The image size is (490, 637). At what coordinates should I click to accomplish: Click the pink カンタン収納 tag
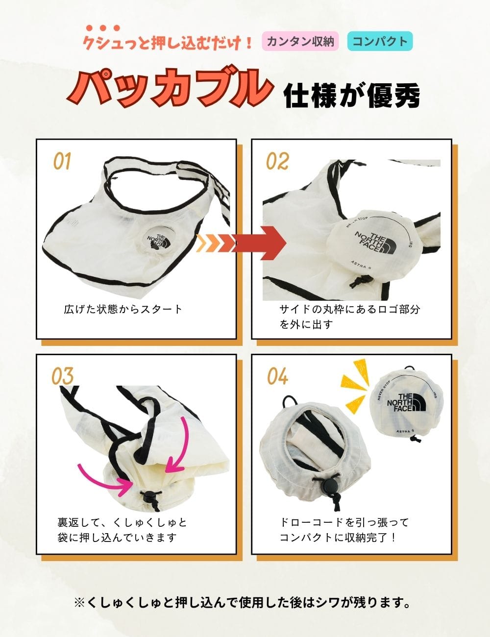click(x=300, y=41)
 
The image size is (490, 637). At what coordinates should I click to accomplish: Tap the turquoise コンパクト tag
click(x=380, y=41)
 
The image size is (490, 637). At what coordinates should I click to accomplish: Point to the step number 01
click(x=62, y=161)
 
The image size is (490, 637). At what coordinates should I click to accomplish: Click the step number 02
click(x=277, y=161)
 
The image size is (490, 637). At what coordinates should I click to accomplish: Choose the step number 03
click(x=62, y=376)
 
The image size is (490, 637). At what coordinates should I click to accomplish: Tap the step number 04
click(x=277, y=376)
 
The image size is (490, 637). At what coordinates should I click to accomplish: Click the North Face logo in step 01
click(x=159, y=242)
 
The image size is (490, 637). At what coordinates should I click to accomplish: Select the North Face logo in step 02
click(x=376, y=243)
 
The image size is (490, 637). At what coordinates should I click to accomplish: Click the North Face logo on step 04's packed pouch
click(x=406, y=403)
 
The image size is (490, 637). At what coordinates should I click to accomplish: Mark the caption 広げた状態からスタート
click(x=123, y=309)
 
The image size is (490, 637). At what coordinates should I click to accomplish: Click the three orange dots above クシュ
click(x=103, y=28)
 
